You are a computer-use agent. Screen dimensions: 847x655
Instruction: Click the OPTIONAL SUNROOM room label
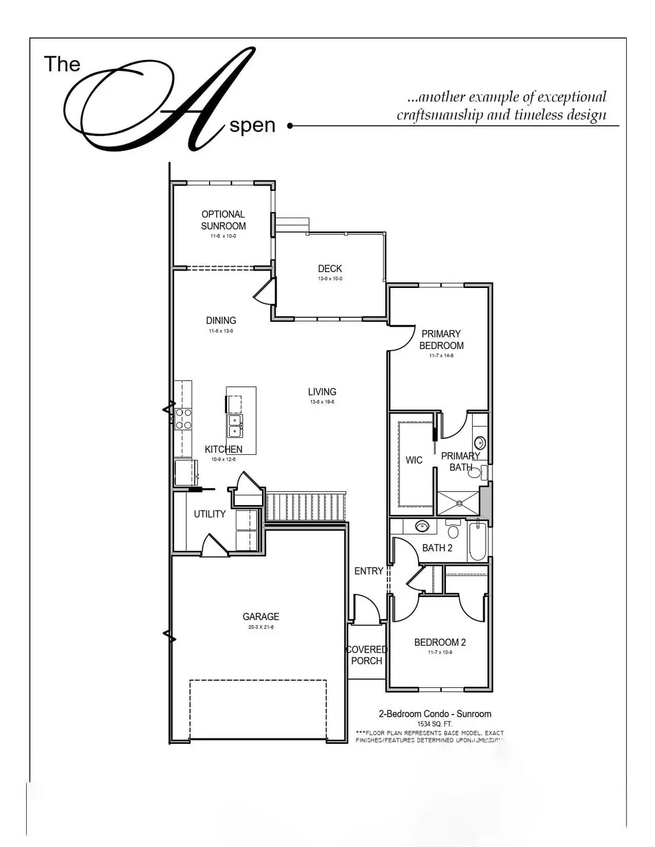223,220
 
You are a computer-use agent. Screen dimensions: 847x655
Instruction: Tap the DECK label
330,268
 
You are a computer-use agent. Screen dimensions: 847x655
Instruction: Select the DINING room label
221,321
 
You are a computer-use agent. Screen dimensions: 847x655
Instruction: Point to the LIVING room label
322,392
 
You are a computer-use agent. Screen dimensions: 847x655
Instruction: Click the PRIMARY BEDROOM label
441,339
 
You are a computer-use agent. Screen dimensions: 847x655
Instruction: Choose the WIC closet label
414,460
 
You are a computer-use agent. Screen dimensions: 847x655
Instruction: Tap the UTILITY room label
210,514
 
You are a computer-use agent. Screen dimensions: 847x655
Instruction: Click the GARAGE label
261,616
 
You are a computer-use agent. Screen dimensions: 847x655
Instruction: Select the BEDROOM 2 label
440,642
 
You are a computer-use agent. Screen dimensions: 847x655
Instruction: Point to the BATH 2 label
437,548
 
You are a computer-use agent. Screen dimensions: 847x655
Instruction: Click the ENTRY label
369,571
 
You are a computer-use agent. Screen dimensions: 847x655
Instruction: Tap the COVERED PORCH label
367,655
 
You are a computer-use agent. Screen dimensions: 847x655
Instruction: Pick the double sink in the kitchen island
235,425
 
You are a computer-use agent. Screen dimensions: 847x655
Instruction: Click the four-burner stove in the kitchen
183,419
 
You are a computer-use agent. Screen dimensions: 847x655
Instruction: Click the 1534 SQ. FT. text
434,724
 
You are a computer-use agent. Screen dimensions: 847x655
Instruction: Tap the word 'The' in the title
62,64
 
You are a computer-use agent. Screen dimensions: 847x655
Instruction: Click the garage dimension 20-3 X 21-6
261,627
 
